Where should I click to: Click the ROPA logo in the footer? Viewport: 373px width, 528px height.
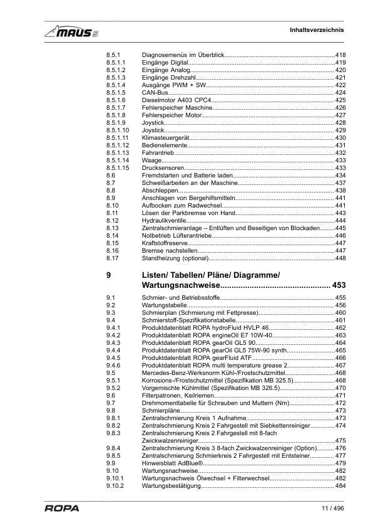(x=61, y=509)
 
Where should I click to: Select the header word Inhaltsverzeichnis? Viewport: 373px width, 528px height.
(x=317, y=30)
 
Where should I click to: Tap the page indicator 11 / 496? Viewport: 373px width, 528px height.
(x=332, y=508)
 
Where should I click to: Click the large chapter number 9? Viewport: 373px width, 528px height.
(x=109, y=275)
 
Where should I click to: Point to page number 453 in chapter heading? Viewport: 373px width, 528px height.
(x=339, y=286)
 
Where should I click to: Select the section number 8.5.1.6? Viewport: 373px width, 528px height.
(x=116, y=100)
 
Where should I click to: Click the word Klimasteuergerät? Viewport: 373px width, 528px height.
(x=165, y=137)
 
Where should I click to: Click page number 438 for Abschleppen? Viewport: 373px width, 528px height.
(x=341, y=190)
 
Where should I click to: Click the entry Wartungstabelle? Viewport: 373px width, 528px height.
(x=165, y=305)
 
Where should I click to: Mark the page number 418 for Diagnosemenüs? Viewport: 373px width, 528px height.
(x=341, y=55)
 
